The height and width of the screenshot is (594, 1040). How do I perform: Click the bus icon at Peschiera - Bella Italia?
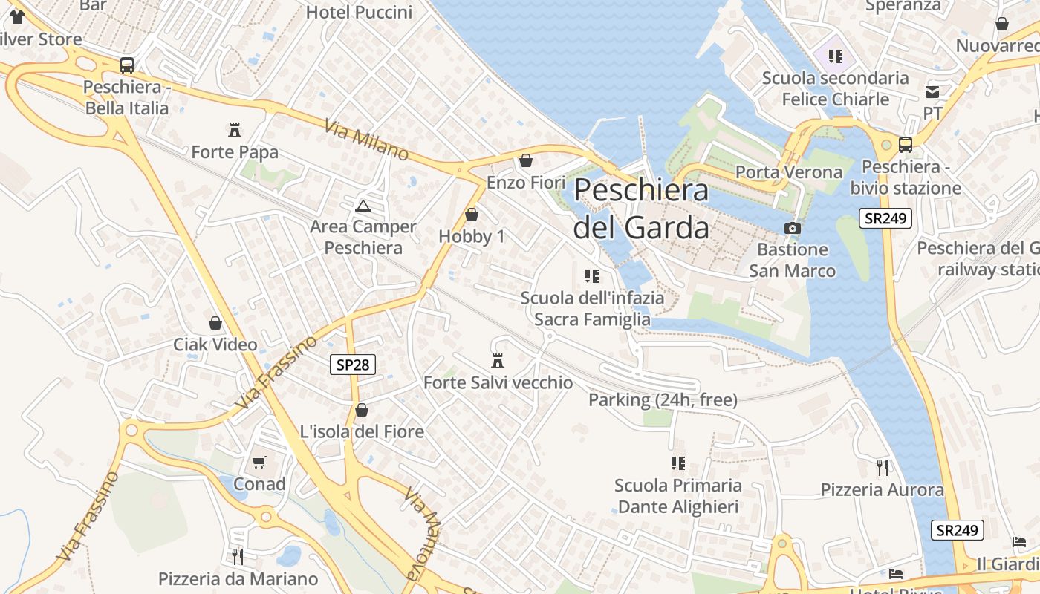tap(127, 65)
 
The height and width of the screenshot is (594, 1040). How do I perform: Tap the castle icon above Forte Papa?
tap(235, 130)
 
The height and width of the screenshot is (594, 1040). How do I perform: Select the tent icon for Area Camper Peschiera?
tap(363, 206)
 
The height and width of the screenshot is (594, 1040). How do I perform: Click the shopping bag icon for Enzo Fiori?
tap(526, 160)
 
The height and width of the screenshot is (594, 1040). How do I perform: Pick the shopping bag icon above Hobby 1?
tap(471, 215)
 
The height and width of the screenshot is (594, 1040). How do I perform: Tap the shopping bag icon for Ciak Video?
tap(215, 323)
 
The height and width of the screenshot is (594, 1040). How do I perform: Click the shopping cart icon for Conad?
tap(259, 462)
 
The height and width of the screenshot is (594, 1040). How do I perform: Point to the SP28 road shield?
tap(352, 365)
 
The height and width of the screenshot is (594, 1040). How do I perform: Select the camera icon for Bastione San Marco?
tap(793, 228)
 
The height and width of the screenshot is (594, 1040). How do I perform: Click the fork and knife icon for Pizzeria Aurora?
tap(882, 467)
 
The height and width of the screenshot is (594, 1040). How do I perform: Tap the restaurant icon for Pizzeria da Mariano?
tap(237, 556)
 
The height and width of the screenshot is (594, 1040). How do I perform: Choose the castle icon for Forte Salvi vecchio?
tap(498, 361)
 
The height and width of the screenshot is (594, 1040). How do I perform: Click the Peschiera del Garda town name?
tap(641, 209)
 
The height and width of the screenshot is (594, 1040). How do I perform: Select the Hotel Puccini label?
tap(359, 12)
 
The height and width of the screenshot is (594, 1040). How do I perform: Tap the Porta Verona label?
tap(789, 172)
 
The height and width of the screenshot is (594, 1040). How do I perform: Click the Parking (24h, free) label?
tap(663, 400)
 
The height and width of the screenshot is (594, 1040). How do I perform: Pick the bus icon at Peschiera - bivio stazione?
tap(905, 145)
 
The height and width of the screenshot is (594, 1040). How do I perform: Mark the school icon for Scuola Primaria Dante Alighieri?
tap(677, 463)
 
